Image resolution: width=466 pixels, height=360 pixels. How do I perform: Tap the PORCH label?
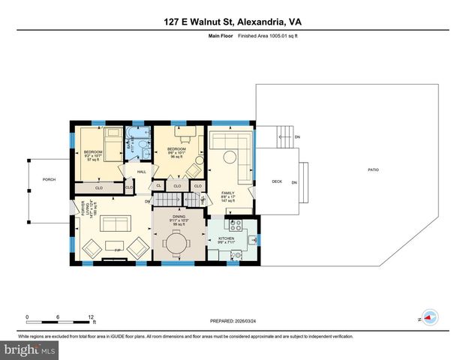click(x=50, y=179)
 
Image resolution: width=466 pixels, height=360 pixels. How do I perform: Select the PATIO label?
click(x=373, y=170)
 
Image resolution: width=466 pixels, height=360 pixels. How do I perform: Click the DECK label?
click(x=276, y=180)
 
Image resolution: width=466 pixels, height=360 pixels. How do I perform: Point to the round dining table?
click(x=178, y=244)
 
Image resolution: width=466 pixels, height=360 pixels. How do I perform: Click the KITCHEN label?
click(x=227, y=239)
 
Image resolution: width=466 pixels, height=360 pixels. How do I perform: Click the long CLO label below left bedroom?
click(x=99, y=187)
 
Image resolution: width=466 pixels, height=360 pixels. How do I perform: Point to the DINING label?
click(x=178, y=217)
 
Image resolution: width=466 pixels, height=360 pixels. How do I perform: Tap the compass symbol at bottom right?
click(x=429, y=319)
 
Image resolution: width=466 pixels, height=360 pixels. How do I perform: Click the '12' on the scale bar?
click(x=92, y=317)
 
